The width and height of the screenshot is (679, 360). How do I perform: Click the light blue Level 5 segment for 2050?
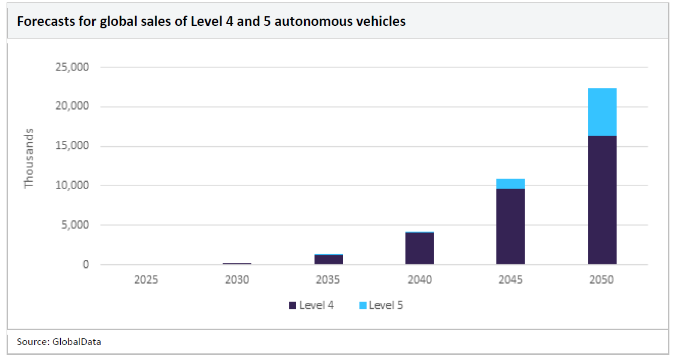(602, 112)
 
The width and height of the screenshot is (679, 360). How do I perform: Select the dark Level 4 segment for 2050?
(602, 200)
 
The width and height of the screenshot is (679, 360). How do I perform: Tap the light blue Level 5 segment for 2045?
(510, 184)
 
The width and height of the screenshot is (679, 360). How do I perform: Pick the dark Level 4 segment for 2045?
(510, 226)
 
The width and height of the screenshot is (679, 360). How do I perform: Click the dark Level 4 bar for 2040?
(420, 249)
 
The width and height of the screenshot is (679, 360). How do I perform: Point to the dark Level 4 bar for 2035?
(329, 259)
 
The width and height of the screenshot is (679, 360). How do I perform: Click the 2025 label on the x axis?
(146, 280)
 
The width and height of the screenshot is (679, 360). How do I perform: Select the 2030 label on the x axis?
(237, 280)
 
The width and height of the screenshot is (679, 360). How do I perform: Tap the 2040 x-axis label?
(420, 280)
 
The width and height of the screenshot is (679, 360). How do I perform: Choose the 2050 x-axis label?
(602, 280)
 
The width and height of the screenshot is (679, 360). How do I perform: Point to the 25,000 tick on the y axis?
(72, 67)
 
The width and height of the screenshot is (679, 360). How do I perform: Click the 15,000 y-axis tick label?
(72, 146)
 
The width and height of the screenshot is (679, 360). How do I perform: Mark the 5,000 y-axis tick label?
(75, 225)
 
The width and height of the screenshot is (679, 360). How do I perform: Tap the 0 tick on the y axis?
(85, 264)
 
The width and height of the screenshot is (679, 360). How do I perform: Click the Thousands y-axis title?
(29, 158)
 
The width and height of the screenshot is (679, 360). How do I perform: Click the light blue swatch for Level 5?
(362, 305)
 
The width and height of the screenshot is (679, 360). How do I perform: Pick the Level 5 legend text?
(386, 305)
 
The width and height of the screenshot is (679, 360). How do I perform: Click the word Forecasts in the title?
(43, 22)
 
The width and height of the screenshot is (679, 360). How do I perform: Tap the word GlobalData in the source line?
(76, 341)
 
